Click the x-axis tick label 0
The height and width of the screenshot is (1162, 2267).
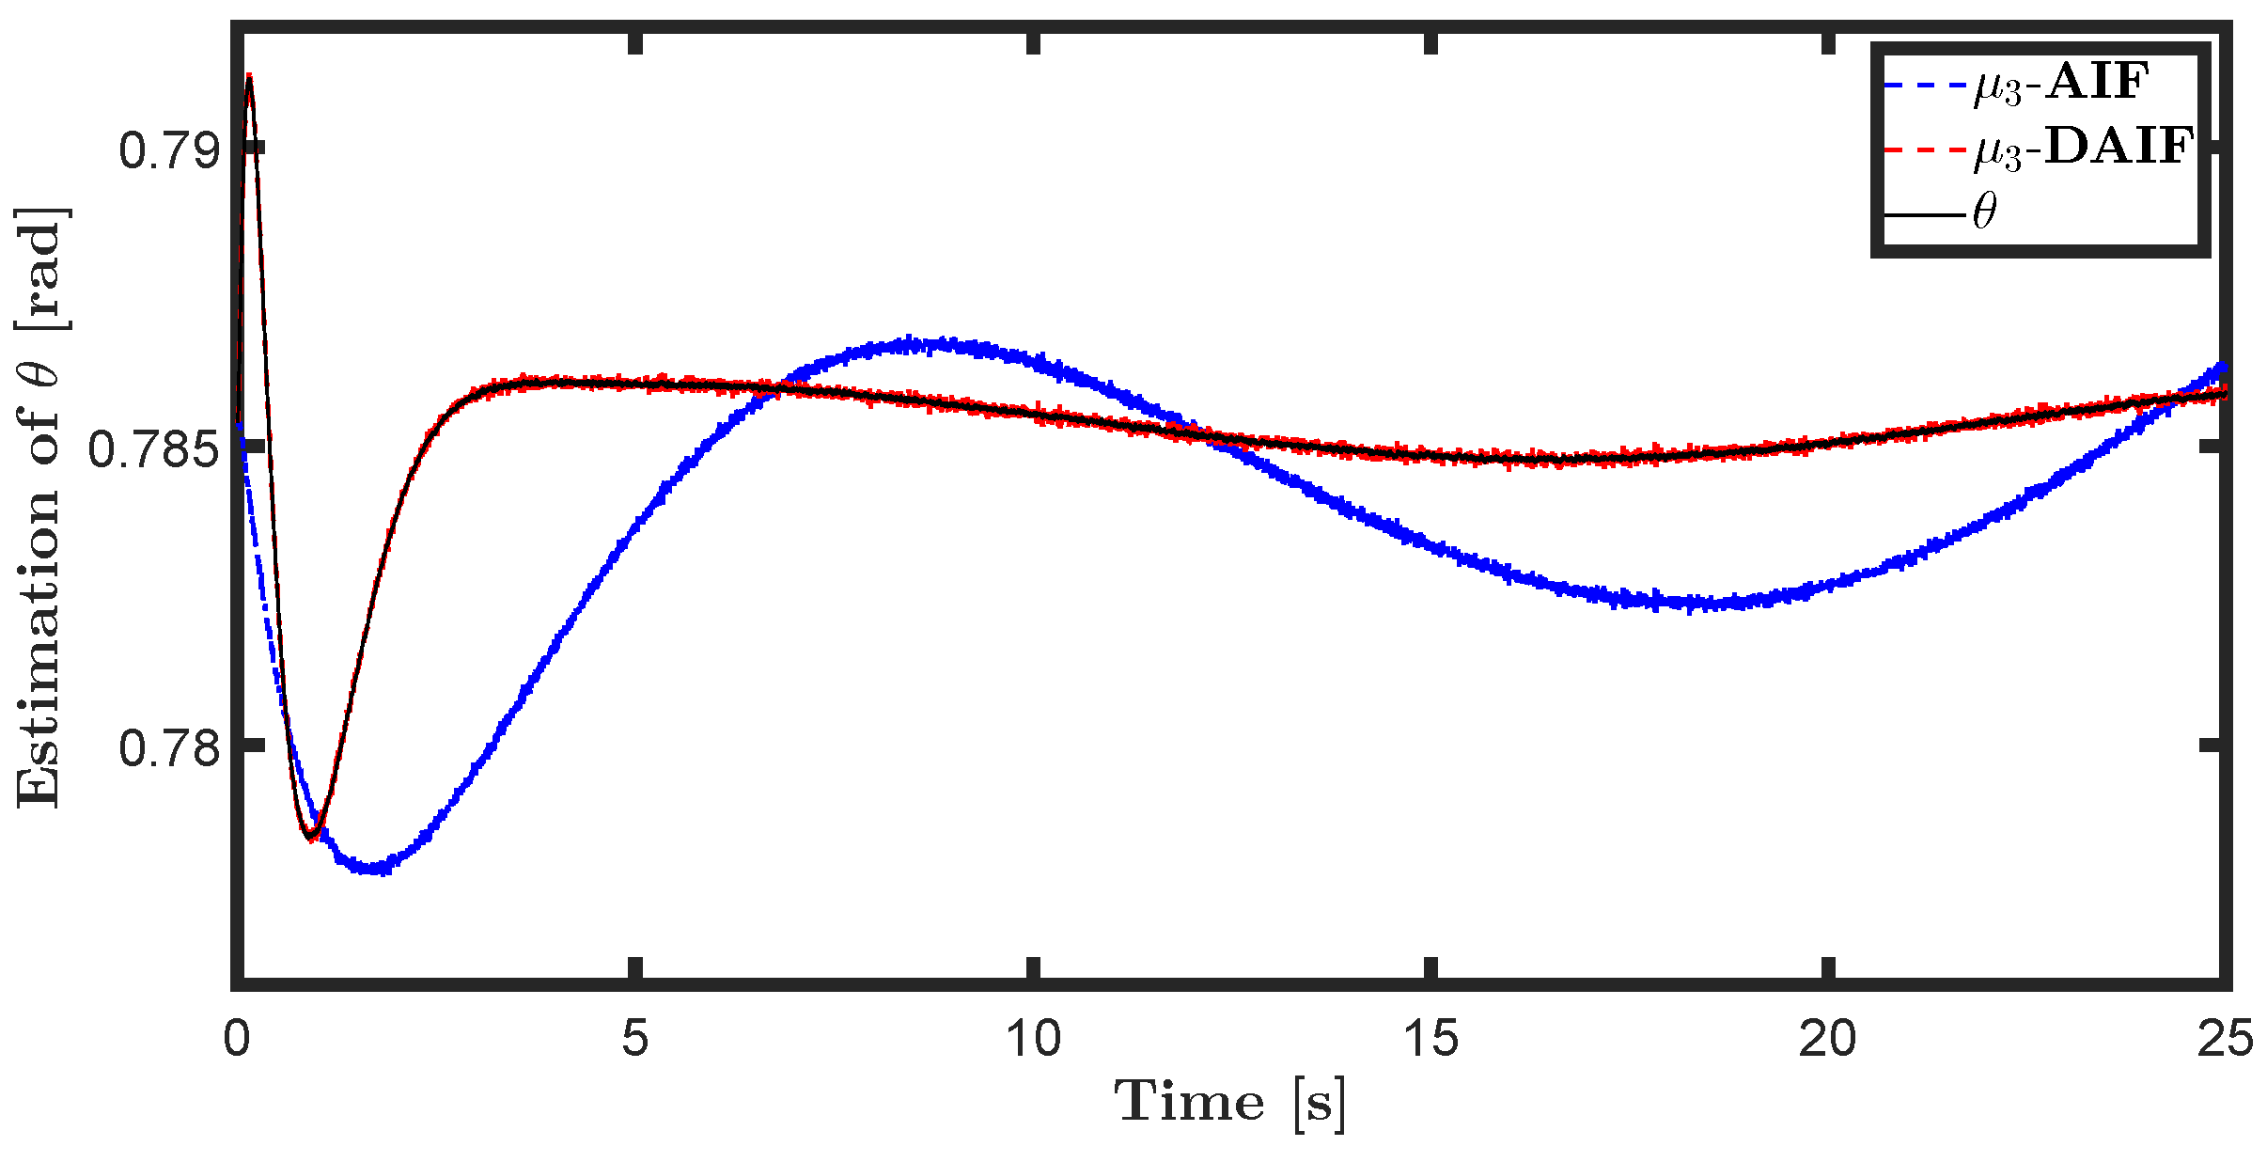point(237,1040)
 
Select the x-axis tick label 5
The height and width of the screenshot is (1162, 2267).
point(635,1040)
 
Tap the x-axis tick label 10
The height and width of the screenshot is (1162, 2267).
point(1033,1040)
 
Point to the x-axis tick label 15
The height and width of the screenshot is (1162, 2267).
point(1431,1040)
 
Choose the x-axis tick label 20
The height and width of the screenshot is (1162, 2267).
point(1828,1040)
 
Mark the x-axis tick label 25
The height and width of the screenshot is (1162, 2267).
point(2225,1040)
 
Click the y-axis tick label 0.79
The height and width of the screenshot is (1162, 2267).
point(168,150)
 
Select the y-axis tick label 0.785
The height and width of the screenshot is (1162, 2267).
point(153,449)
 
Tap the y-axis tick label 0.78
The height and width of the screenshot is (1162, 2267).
point(168,748)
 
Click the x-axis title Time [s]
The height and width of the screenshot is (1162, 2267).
point(1230,1102)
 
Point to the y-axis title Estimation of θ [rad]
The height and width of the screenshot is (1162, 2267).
point(42,508)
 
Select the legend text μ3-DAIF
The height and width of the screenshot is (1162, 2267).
point(2083,149)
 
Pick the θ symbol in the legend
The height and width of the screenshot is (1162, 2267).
point(1983,212)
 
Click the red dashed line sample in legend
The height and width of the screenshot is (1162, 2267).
point(1925,149)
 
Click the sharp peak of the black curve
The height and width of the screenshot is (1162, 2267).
point(249,77)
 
